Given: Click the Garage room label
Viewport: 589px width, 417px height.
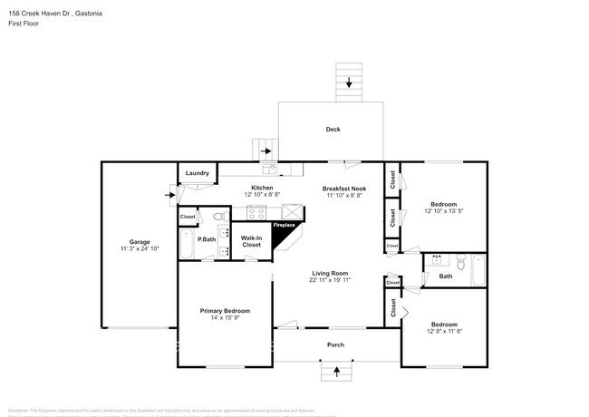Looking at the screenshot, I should [139, 242].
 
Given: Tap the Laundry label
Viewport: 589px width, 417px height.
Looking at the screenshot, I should [198, 173].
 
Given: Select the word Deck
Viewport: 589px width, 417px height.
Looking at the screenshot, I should [333, 130].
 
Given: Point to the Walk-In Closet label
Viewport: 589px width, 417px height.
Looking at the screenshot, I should [251, 242].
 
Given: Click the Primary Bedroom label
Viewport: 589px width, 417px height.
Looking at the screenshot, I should [225, 310].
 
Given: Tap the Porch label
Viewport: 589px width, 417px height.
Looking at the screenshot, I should [335, 345].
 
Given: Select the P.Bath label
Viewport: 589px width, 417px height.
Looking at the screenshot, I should [206, 239].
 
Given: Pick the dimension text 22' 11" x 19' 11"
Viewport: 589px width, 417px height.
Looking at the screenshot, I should [331, 280].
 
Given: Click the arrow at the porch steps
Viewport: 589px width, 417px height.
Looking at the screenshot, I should [336, 370].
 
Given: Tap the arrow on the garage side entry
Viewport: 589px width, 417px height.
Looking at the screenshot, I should [169, 193].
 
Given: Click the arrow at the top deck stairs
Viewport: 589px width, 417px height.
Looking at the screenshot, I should [349, 83].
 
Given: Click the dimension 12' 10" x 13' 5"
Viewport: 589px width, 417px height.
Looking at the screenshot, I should [443, 211].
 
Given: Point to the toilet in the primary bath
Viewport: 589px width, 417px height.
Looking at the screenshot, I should [217, 217].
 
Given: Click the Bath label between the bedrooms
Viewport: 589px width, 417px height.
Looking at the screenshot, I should [446, 276].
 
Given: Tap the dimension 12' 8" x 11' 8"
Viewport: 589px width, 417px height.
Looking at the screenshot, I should [443, 331].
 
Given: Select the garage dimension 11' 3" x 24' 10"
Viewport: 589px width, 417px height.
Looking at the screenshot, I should [139, 249].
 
